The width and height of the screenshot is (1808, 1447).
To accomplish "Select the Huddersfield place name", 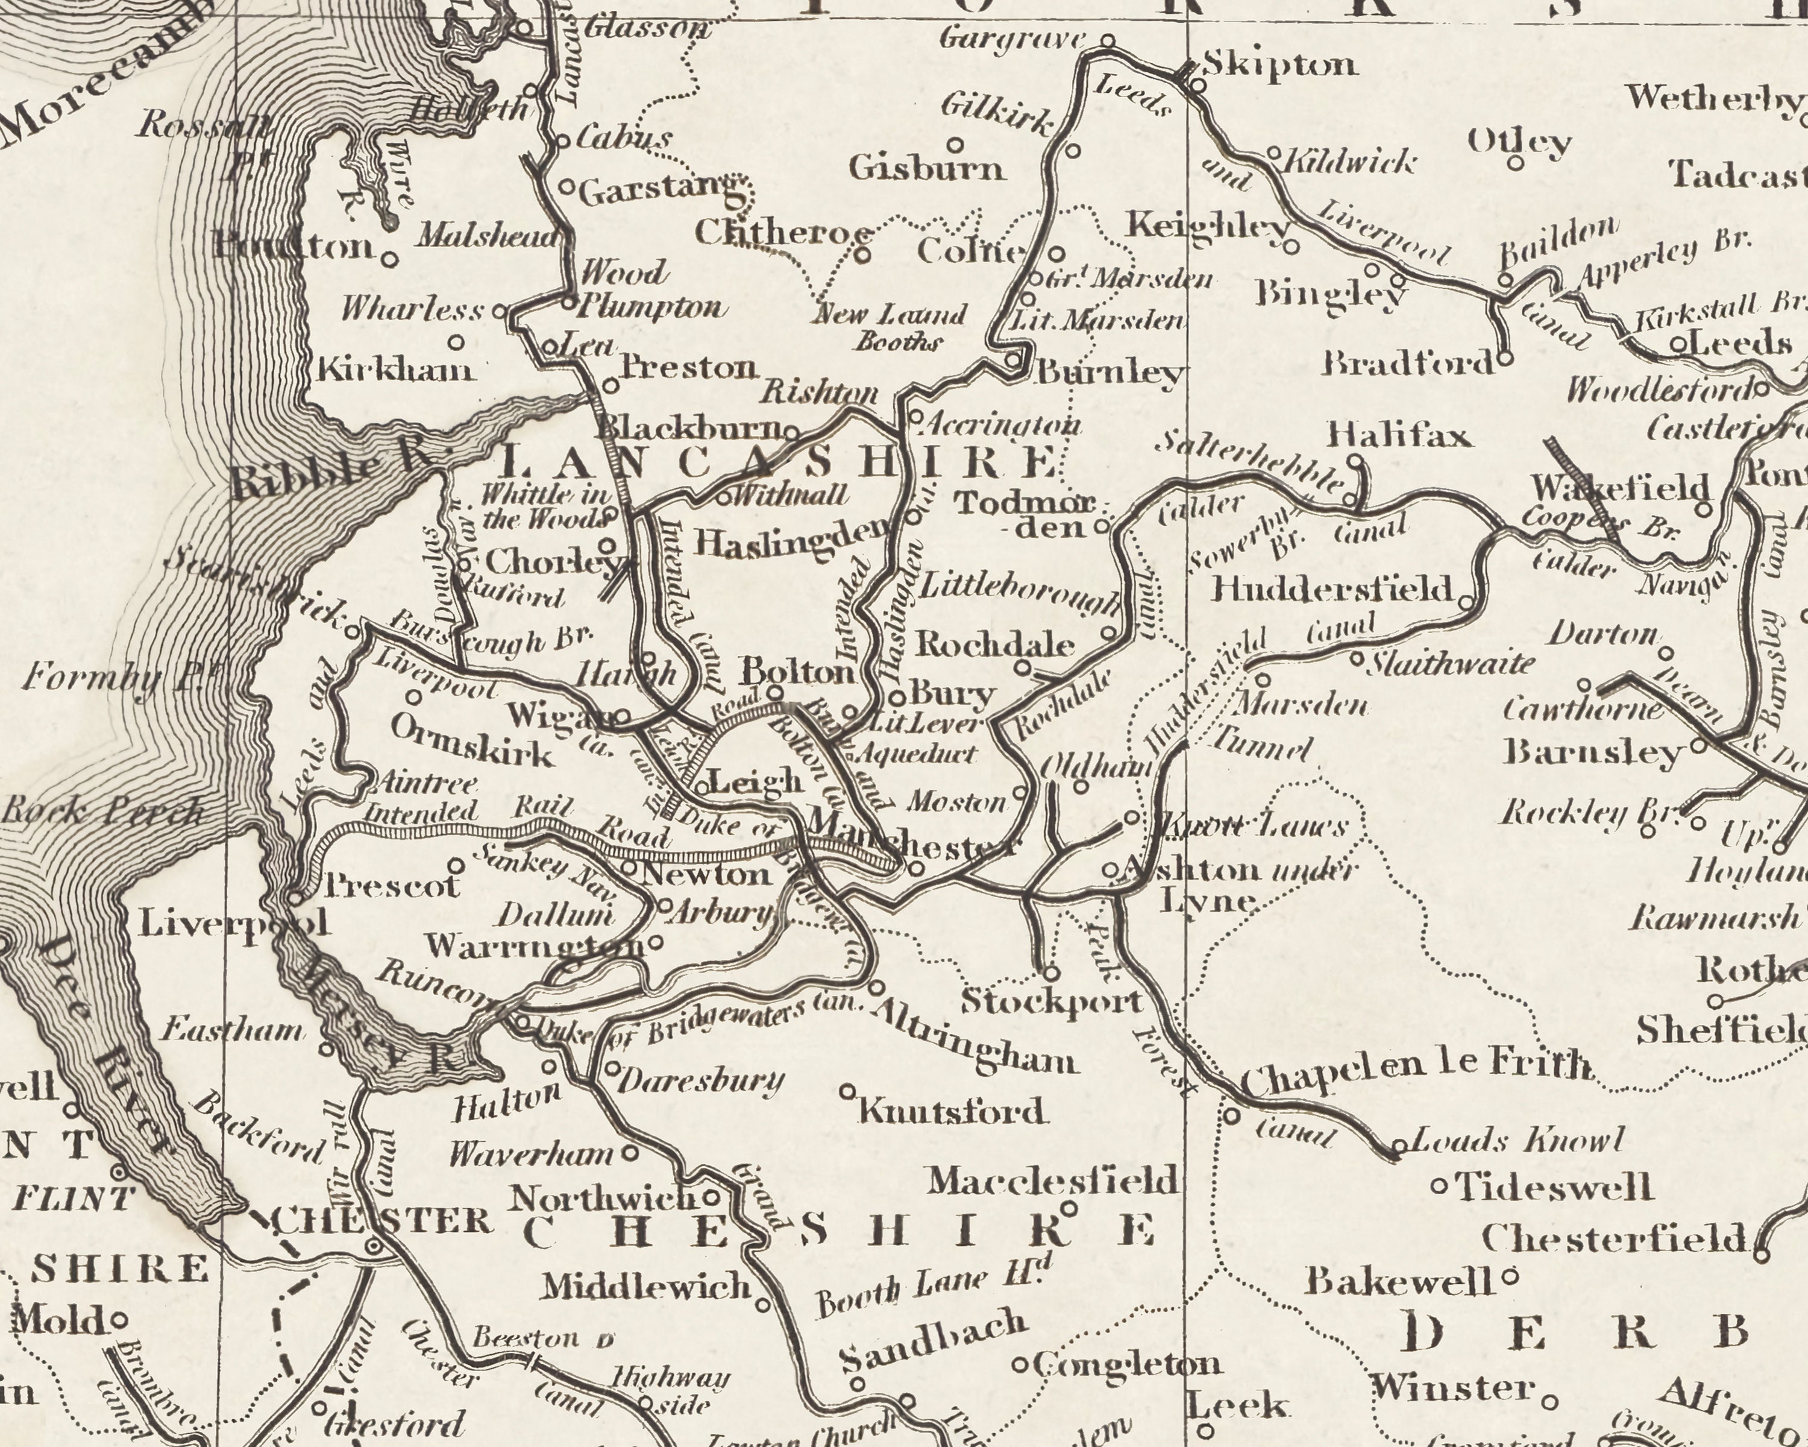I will point(1332,589).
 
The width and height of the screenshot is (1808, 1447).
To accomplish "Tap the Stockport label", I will point(1052,1001).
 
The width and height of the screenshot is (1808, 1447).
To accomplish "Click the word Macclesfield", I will point(1052,1182).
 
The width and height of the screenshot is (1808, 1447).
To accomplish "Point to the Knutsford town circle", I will point(847,1091).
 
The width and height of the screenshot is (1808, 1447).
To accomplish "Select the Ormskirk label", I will point(472,742).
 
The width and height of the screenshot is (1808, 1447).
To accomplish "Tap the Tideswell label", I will point(1554,1187).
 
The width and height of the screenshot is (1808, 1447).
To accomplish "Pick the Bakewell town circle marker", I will point(1510,1278).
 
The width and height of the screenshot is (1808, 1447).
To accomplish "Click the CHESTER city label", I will point(381,1220).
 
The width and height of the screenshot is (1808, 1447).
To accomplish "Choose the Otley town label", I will point(1519,143).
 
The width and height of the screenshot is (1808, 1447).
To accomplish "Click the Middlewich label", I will point(645,1285).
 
